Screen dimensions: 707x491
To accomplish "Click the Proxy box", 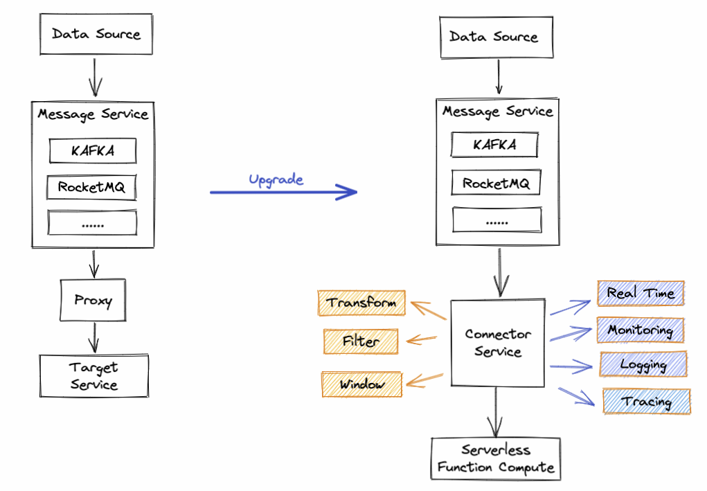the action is [93, 300].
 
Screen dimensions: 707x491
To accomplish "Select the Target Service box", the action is [93, 375].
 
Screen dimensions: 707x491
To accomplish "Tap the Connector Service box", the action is [498, 343].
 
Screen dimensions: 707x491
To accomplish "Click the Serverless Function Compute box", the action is [496, 458].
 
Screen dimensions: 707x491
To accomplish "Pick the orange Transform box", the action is [361, 303].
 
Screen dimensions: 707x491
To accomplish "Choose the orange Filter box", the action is [361, 341].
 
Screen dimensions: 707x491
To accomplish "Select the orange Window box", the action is [361, 384].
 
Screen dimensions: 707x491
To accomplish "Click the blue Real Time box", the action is [641, 293].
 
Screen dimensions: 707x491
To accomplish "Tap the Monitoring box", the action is [641, 330].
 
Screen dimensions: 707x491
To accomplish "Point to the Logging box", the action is [643, 364].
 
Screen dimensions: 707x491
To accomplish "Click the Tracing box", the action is [647, 401].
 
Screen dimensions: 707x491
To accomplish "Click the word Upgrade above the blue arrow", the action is [276, 180].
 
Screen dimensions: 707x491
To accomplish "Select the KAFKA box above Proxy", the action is [92, 150].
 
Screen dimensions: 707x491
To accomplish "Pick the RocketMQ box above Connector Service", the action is [496, 183].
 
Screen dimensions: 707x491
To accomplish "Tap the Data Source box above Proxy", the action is [96, 34].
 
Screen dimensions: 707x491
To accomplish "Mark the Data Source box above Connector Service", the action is [496, 37].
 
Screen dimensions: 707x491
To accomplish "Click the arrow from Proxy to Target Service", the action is [93, 338].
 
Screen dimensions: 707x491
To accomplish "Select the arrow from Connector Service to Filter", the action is [422, 339].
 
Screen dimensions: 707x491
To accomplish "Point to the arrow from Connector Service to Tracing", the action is [577, 396].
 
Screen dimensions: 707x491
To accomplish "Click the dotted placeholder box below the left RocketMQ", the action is [92, 222].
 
